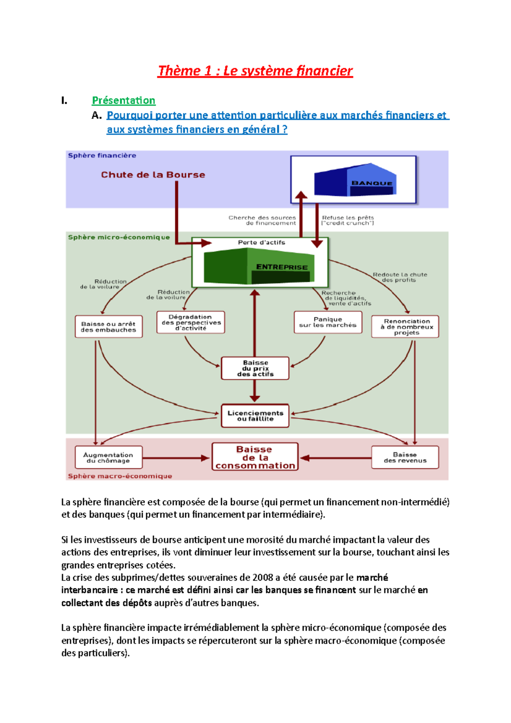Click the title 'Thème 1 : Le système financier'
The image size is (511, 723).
click(x=255, y=71)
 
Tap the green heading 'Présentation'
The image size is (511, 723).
click(x=123, y=100)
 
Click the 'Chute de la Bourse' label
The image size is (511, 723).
click(x=153, y=175)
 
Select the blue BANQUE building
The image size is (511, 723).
click(x=355, y=180)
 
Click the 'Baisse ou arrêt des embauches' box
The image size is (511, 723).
click(x=109, y=327)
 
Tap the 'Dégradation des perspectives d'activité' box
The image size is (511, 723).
click(x=191, y=322)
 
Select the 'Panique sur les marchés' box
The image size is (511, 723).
click(x=328, y=322)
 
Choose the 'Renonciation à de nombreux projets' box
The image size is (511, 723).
click(x=405, y=327)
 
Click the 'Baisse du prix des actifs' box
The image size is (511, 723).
click(x=255, y=368)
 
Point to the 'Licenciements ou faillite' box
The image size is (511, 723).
click(x=255, y=416)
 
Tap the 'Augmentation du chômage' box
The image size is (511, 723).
click(x=109, y=457)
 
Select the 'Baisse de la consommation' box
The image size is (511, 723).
click(x=255, y=457)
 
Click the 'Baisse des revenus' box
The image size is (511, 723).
click(x=405, y=457)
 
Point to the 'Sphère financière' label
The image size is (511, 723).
click(x=102, y=155)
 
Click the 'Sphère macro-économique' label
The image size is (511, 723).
click(x=120, y=476)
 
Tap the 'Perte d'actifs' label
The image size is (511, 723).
click(x=261, y=242)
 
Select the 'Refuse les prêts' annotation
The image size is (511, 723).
click(x=347, y=218)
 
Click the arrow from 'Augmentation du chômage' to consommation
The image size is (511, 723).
click(x=176, y=458)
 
